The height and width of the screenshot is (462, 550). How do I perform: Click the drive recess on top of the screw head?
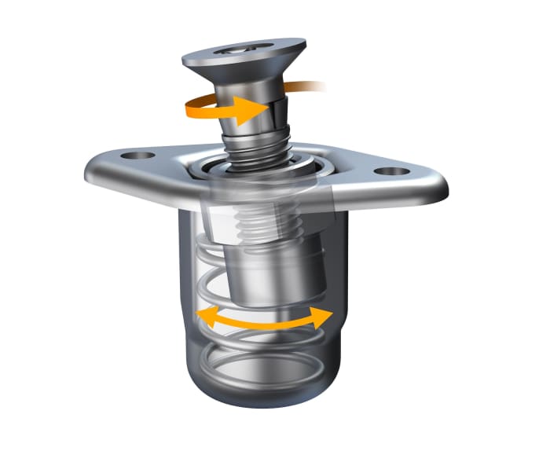tap(242, 49)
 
